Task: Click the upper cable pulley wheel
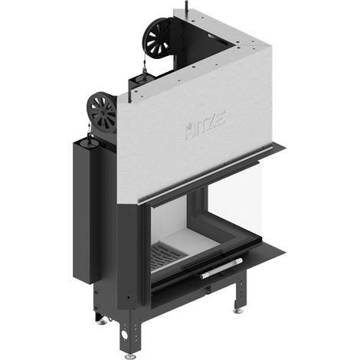(x=157, y=40)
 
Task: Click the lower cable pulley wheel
(x=101, y=113)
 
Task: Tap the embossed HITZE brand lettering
(x=206, y=125)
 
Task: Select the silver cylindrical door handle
(x=221, y=268)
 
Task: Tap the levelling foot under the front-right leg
(x=239, y=310)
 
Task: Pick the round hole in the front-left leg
(x=125, y=334)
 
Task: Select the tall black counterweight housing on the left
(x=83, y=212)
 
